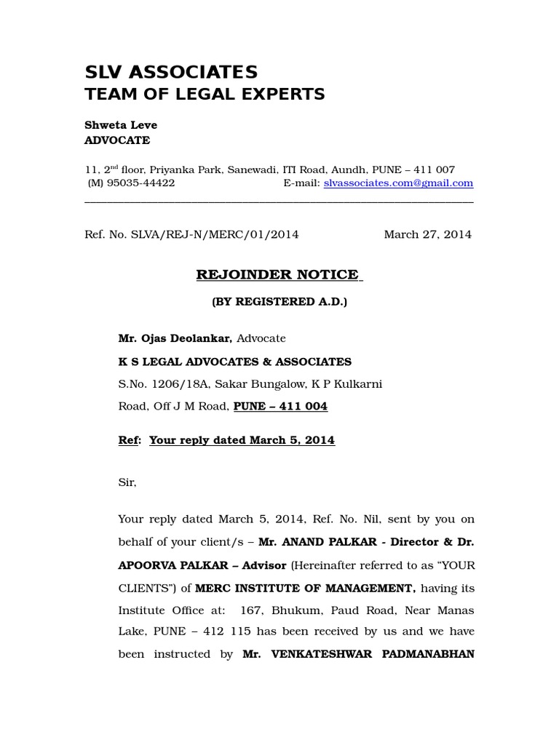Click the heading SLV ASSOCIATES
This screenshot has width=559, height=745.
[x=171, y=72]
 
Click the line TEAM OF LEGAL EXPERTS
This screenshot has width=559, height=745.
[x=205, y=94]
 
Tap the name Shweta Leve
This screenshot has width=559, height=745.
[x=121, y=125]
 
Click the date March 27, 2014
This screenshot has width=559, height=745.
[x=427, y=234]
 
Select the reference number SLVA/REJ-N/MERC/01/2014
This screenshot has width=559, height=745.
[x=214, y=234]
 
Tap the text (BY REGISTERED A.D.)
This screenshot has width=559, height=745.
[x=279, y=301]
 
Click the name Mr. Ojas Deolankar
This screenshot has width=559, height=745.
[x=175, y=338]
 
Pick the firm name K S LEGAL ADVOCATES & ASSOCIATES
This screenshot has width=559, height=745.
[x=234, y=362]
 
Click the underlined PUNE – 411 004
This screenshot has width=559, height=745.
[x=280, y=407]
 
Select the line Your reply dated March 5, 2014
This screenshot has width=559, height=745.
[x=242, y=441]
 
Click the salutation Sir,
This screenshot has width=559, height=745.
[x=127, y=482]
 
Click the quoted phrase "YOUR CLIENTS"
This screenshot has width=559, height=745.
[x=451, y=565]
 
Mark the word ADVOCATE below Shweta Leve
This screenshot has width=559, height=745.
[x=118, y=140]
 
